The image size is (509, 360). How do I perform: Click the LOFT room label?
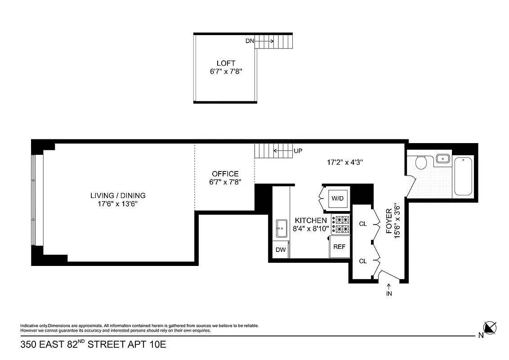pos(225,63)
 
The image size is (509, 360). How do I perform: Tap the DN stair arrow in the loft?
pos(266,41)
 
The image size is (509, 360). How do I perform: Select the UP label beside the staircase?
pos(298,151)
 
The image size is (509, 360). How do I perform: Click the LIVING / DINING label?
pos(118,195)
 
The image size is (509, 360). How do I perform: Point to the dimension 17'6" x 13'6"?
pos(118,204)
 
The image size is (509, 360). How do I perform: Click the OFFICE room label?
pos(225,174)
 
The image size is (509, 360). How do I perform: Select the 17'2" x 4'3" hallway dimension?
pos(345,162)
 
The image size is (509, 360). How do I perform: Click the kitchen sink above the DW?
pos(281,229)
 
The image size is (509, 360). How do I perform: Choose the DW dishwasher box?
pos(281,250)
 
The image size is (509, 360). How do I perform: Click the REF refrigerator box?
pos(339,247)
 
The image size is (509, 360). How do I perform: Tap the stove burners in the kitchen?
pos(341,225)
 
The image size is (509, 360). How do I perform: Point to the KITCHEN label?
pos(311,220)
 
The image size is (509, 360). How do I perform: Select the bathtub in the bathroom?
pos(464,176)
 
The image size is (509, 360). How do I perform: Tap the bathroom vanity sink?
pos(443,158)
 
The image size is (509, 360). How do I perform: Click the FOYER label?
pos(389,224)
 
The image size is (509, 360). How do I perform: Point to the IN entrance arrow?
pos(389,290)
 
